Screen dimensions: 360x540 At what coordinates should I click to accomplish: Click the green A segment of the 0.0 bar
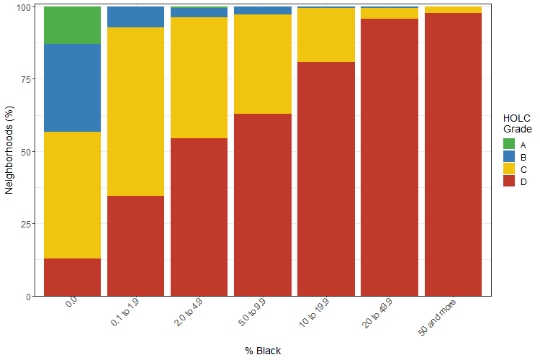pos(72,25)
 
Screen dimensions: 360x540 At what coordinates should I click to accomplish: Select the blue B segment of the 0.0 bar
pos(72,88)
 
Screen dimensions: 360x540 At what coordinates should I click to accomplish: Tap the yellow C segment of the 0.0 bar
pos(72,194)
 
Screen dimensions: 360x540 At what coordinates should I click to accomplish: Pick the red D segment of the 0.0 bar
pos(72,277)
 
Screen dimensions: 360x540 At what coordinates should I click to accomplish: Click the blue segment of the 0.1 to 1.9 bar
pos(135,17)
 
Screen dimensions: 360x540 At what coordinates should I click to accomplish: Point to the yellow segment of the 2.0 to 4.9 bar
pos(199,78)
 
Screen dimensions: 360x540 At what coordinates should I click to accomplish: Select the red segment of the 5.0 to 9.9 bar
pos(262,205)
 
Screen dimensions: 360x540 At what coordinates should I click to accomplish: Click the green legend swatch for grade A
pos(509,145)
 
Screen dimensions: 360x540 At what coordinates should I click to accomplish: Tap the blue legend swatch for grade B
pos(509,157)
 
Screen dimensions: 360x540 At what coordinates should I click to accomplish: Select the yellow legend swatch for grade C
pos(509,169)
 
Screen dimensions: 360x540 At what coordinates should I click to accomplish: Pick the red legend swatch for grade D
pos(509,181)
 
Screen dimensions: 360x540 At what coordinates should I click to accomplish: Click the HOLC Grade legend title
pos(517,123)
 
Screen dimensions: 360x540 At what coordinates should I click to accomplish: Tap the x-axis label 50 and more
pos(437,318)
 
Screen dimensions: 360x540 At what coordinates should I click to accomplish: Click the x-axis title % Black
pos(262,351)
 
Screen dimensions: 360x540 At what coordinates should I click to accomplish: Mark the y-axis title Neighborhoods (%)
pos(9,151)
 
